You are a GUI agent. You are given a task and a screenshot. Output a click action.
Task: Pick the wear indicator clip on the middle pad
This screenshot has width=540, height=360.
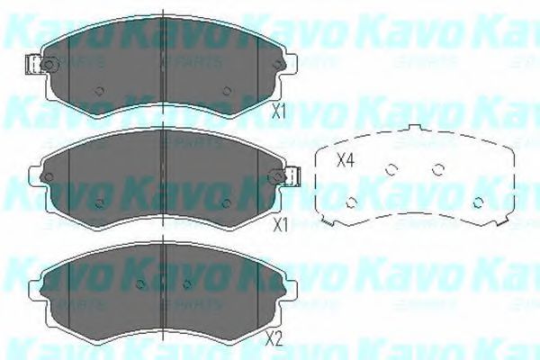click(x=292, y=177)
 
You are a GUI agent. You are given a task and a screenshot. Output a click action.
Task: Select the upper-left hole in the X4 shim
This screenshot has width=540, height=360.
click(x=391, y=169)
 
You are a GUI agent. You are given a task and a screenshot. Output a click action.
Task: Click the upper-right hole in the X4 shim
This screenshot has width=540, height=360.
click(x=439, y=169)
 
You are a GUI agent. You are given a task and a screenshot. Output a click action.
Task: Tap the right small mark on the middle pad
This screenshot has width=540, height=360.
click(x=227, y=202)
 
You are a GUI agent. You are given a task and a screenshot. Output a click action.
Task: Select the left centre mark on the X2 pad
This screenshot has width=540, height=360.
click(x=139, y=284)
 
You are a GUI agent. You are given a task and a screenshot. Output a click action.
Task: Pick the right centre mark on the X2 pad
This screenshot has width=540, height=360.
click(x=186, y=284)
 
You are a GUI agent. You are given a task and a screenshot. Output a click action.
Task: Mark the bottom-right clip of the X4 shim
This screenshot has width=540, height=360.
click(x=498, y=221)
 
